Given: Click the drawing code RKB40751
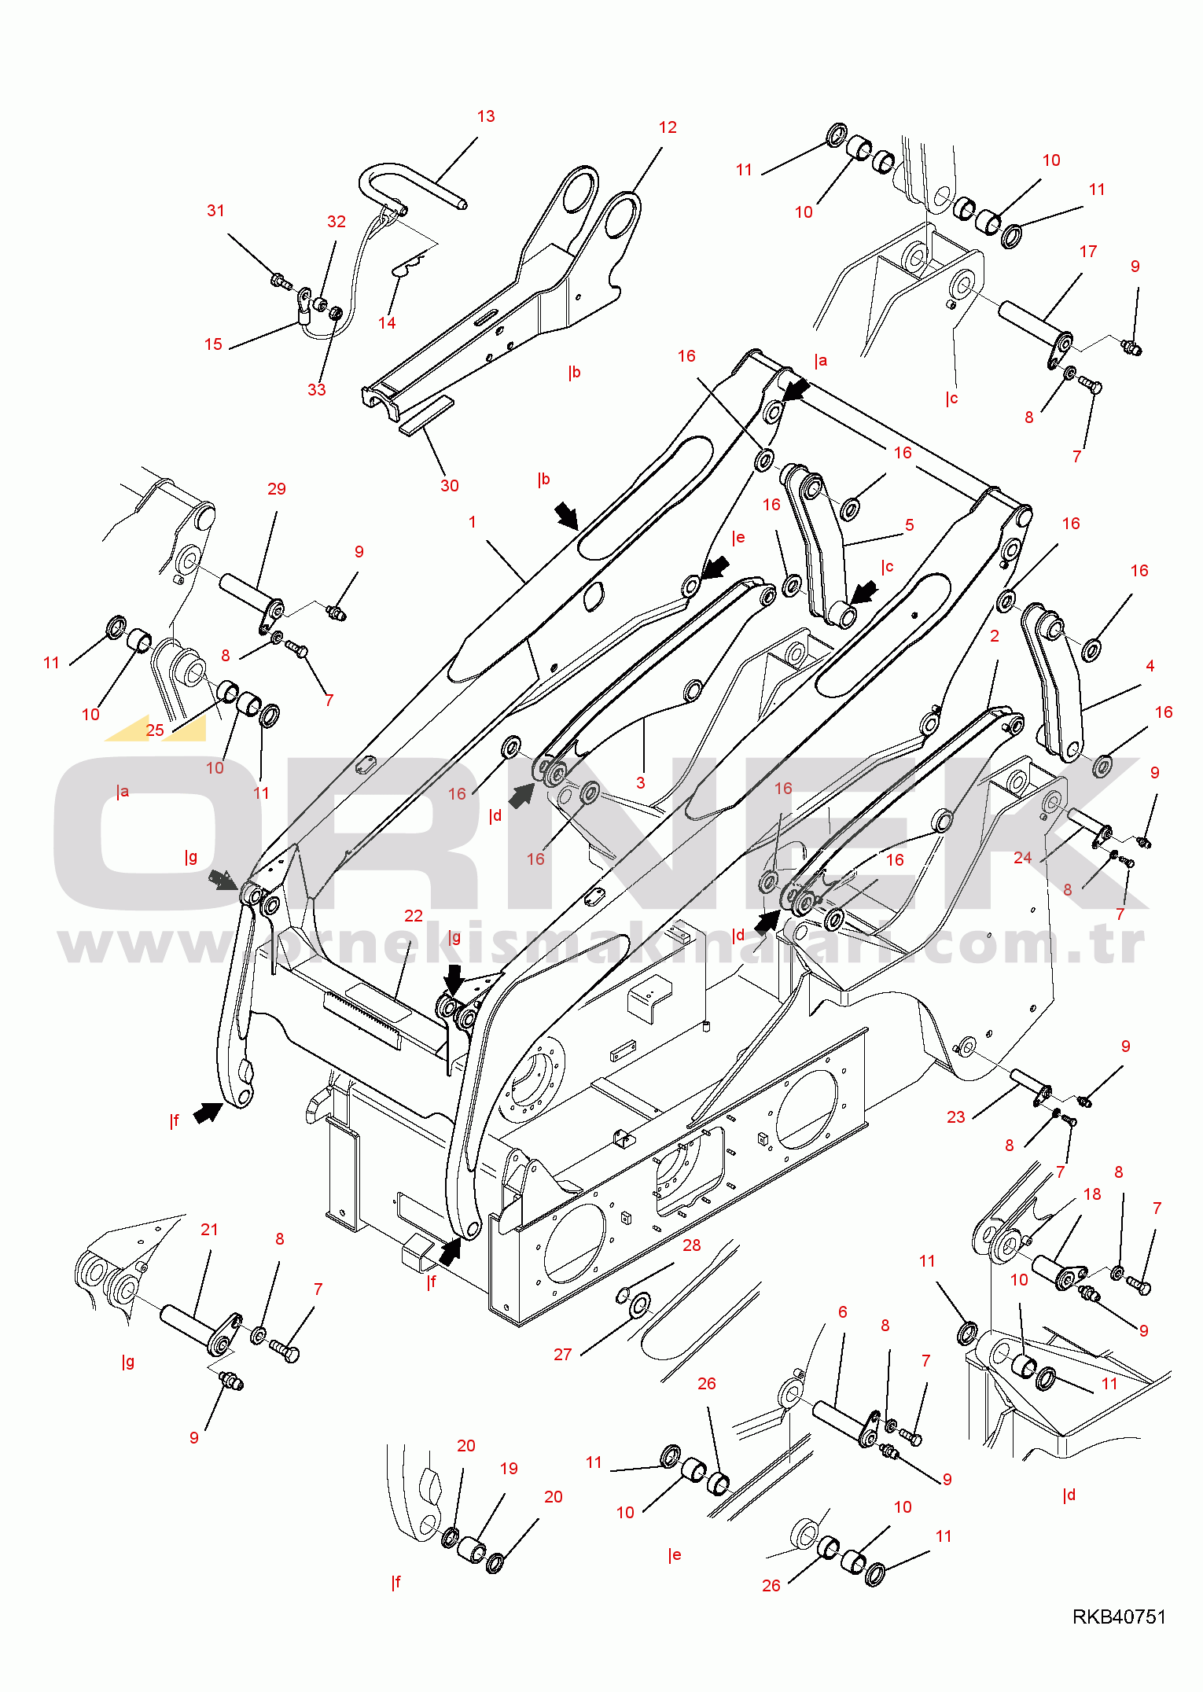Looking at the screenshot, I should point(1119,1617).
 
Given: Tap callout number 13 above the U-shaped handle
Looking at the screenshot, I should point(486,116).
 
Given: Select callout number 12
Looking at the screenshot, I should point(668,127).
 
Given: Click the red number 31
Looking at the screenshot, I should point(215,211).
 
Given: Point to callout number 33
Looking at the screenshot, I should point(316,389).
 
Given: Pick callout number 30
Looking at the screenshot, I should point(449,486).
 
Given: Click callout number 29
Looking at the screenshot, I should point(277,489).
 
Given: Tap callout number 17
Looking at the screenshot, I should point(1088,252).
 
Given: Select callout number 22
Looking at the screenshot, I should point(414,916).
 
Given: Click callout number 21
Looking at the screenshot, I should point(209,1230).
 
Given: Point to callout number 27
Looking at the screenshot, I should point(562,1354).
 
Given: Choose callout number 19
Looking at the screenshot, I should point(509,1469).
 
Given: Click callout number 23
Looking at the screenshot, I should point(955,1116).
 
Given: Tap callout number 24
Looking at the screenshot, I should point(1022,858).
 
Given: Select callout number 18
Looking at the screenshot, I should point(1092,1194).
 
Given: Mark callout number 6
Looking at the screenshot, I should point(842,1311).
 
